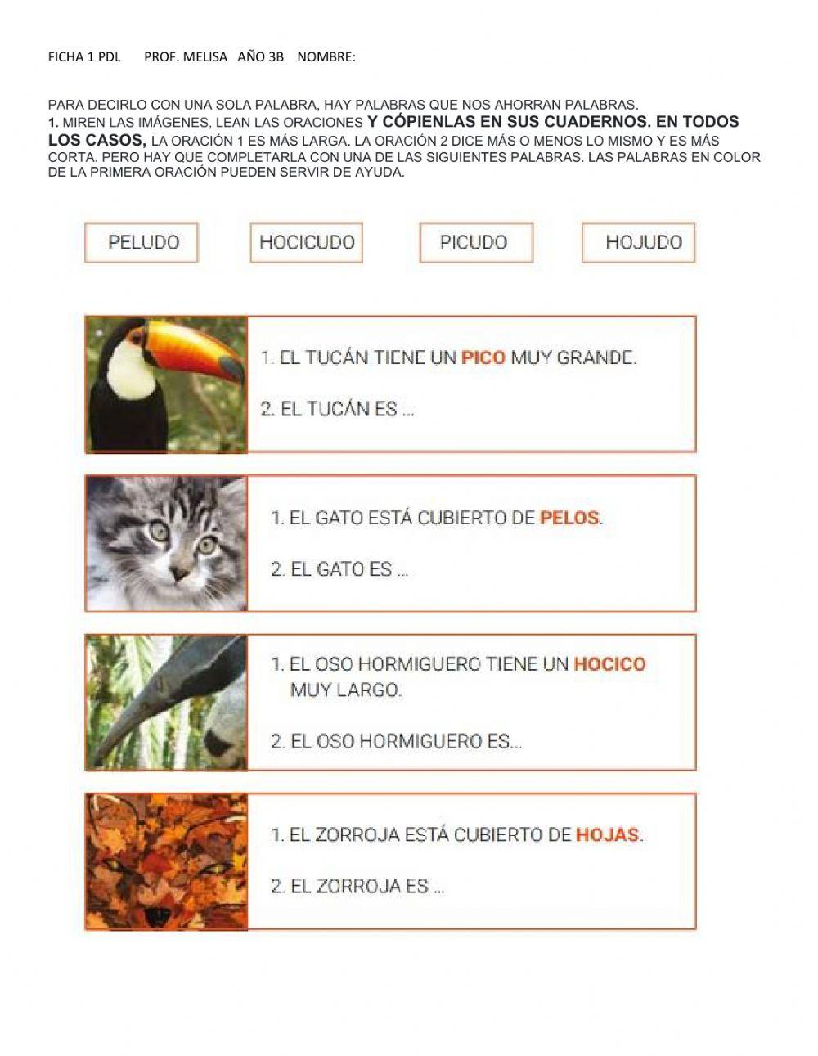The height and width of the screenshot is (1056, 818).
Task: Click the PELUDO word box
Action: tap(142, 242)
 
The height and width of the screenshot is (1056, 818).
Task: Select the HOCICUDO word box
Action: tap(307, 242)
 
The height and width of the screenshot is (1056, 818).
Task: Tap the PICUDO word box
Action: tap(475, 242)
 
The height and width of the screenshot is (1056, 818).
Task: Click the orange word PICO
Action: tap(483, 357)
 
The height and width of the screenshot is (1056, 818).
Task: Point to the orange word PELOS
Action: tap(569, 518)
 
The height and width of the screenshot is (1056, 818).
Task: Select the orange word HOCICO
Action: tap(609, 664)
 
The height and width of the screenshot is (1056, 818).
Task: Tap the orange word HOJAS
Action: tap(608, 835)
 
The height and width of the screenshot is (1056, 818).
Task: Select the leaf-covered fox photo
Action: tap(166, 861)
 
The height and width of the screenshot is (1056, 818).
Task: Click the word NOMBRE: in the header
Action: tap(326, 57)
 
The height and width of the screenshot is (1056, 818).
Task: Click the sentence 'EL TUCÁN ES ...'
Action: tap(337, 409)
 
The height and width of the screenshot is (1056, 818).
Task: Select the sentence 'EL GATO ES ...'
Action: tap(339, 569)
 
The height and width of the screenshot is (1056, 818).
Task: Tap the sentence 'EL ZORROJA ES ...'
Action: tap(357, 887)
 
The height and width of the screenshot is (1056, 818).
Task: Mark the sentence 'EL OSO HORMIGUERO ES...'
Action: tap(396, 742)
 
